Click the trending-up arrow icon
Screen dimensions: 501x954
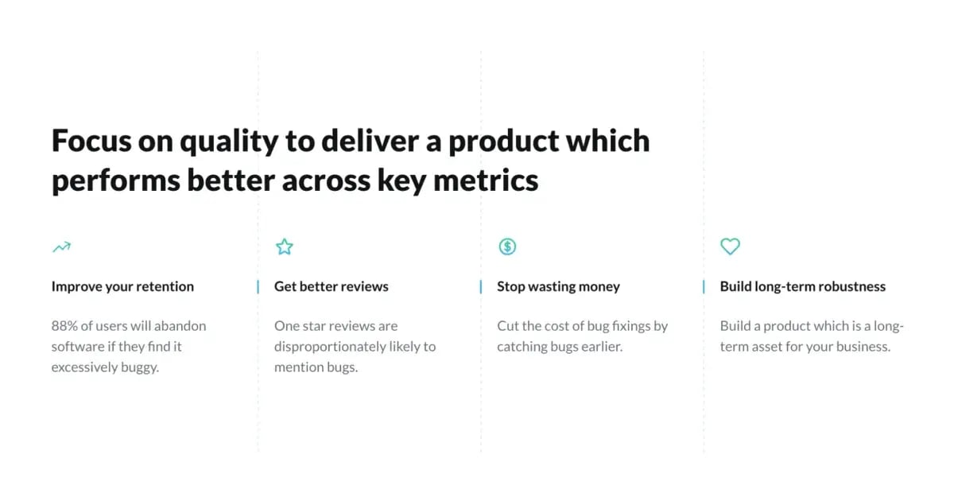coord(61,247)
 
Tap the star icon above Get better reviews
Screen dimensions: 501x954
coord(284,247)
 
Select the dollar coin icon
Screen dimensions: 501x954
coord(507,247)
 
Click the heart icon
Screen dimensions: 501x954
coord(730,247)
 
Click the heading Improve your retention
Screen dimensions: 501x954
coord(122,286)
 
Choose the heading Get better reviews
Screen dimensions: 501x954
coord(331,286)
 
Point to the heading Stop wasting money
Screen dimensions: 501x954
coord(558,286)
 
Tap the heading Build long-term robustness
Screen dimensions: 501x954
coord(802,286)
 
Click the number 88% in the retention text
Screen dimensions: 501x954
coord(65,326)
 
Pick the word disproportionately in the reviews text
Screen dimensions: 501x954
coord(337,347)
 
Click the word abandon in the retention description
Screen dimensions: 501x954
coord(181,326)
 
